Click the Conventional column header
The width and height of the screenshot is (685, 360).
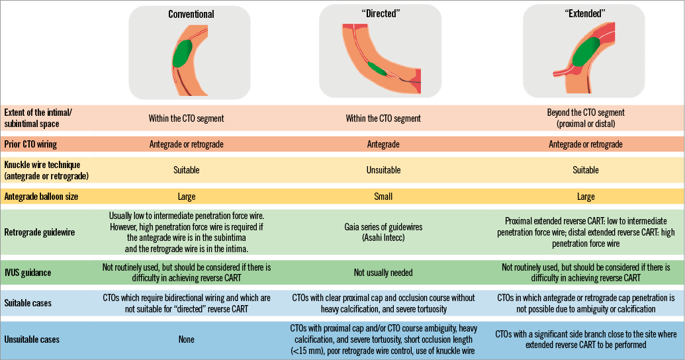tap(191, 14)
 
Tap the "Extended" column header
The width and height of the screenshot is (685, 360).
tap(583, 13)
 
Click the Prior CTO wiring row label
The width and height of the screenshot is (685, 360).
tap(30, 144)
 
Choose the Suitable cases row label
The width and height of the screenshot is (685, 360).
tap(28, 302)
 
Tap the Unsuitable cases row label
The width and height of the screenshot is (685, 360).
tap(32, 339)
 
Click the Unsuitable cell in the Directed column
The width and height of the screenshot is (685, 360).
tap(383, 170)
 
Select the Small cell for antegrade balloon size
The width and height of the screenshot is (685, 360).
tap(383, 196)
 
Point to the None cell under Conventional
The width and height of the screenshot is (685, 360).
tap(186, 339)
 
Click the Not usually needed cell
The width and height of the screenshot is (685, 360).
tap(383, 272)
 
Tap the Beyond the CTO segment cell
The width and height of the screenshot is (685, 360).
tap(586, 118)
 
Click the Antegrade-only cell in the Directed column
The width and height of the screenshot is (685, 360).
tap(383, 144)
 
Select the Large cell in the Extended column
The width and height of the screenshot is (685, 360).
tap(586, 196)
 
